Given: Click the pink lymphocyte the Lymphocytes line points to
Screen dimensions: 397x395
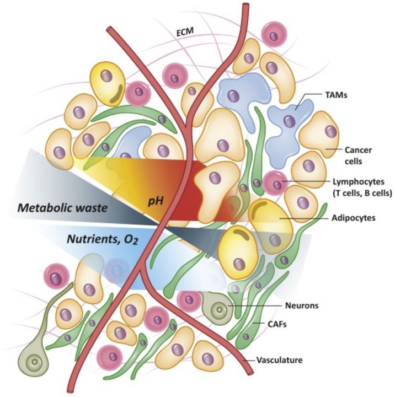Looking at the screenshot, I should click(x=273, y=182).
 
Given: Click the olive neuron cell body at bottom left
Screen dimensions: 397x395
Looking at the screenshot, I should click(x=37, y=362).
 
